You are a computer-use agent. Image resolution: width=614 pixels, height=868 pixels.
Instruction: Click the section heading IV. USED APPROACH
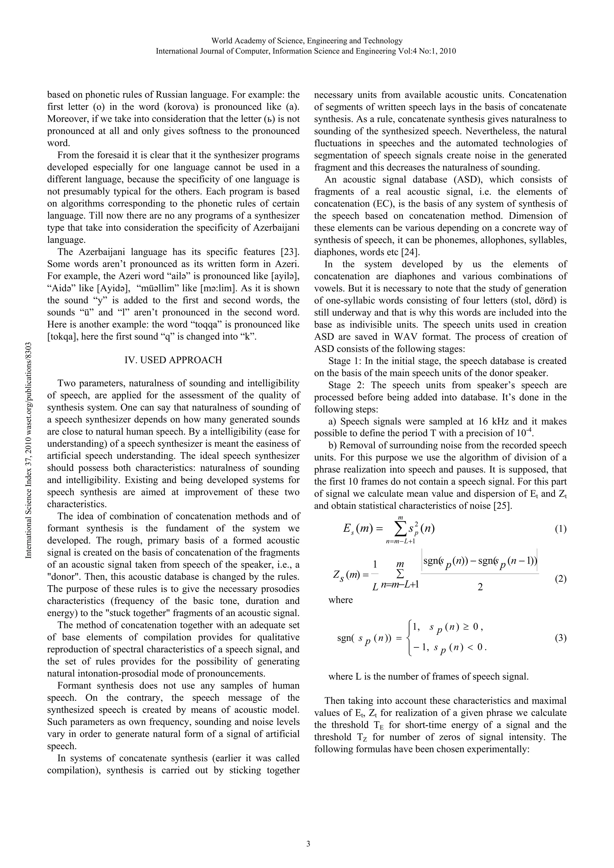pyautogui.click(x=173, y=360)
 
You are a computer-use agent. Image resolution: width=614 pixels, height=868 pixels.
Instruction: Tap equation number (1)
pyautogui.click(x=560, y=529)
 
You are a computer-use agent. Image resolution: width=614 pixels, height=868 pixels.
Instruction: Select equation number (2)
pyautogui.click(x=560, y=579)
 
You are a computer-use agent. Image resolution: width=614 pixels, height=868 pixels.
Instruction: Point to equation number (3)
pyautogui.click(x=560, y=638)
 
